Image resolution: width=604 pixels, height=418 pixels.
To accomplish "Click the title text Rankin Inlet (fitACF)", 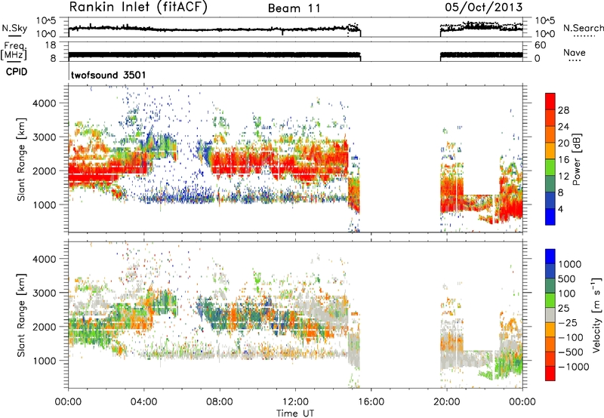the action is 138,8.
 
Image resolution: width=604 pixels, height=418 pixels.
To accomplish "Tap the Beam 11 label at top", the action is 294,8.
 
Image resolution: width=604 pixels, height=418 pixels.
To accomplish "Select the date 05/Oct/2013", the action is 484,8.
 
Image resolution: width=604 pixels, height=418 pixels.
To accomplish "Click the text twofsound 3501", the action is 108,75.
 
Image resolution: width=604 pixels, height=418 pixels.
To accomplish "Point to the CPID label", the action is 17,72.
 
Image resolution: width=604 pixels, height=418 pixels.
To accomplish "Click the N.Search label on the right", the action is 583,28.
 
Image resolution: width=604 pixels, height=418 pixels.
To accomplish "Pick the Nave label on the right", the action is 575,52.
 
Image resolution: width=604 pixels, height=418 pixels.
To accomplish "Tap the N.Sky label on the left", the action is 14,28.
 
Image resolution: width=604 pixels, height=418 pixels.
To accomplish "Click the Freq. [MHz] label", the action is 14,51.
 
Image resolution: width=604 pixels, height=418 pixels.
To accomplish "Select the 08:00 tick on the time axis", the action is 220,402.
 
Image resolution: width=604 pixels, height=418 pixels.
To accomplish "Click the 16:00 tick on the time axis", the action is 371,402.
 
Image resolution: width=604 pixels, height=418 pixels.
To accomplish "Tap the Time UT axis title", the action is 295,413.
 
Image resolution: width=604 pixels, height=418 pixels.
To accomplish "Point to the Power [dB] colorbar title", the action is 576,159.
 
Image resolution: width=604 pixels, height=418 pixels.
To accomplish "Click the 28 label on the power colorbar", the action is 563,110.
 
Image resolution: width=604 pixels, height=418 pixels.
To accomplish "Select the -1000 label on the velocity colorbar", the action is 574,367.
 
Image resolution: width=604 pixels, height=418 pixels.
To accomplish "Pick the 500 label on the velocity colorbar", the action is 567,279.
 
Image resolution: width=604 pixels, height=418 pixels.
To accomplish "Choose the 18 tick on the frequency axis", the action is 51,45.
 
